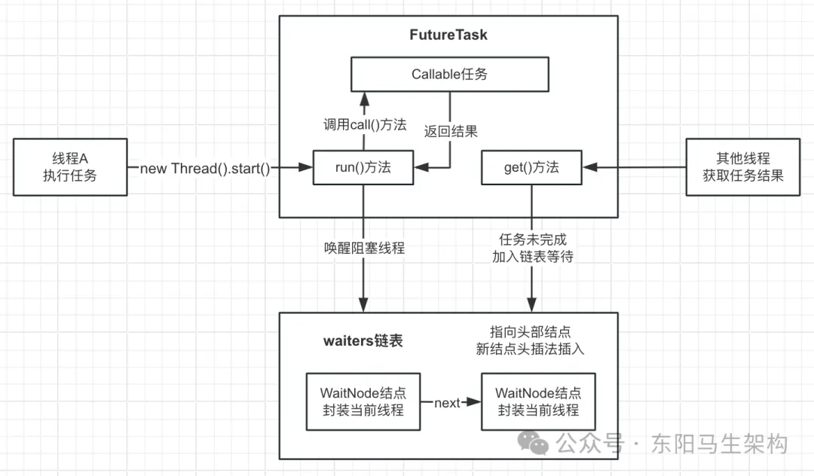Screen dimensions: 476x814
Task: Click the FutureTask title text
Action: pos(448,35)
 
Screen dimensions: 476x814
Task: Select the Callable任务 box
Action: pos(449,74)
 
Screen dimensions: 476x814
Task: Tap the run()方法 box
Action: pos(363,167)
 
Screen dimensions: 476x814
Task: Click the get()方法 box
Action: pos(531,167)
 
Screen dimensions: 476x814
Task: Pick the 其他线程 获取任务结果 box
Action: pos(742,167)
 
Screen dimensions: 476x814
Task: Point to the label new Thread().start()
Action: pos(205,168)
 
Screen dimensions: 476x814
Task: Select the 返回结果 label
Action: pos(450,130)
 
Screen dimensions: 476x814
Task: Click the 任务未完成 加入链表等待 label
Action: pos(533,247)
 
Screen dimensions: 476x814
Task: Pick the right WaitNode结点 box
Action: pos(538,401)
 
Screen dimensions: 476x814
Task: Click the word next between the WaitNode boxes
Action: pos(447,403)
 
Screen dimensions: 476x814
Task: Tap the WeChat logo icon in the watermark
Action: pos(537,443)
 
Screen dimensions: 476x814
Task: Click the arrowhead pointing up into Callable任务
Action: pos(364,98)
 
